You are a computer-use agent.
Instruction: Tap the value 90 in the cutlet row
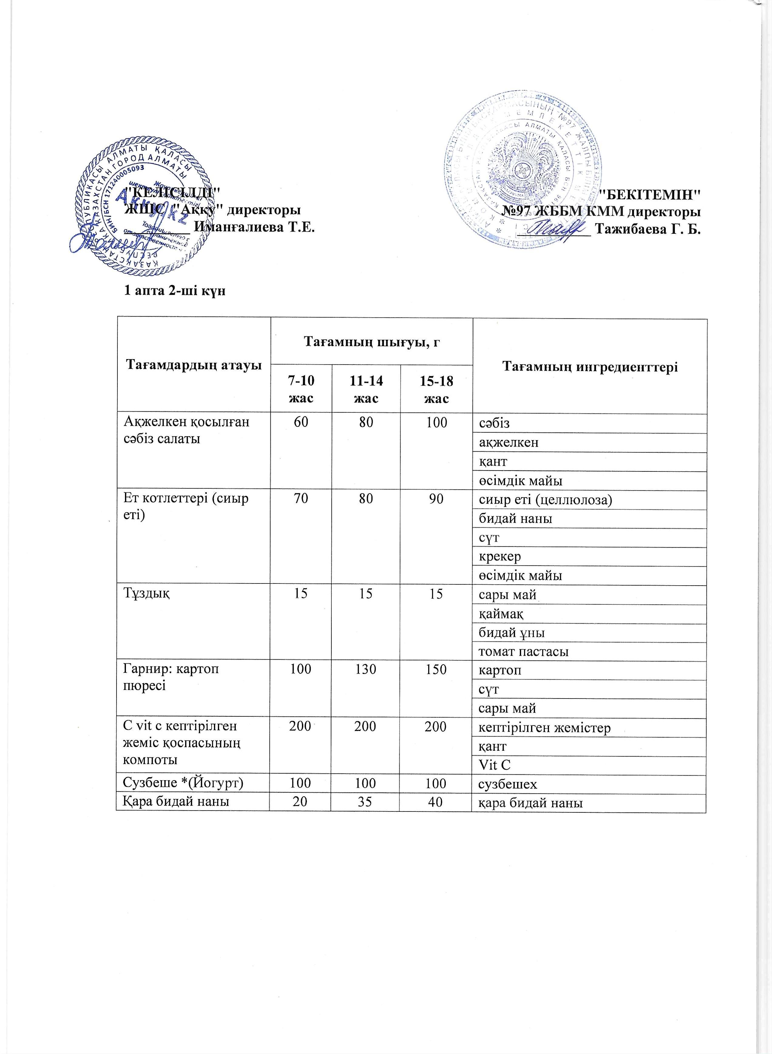436,499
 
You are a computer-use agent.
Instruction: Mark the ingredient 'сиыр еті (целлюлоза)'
545,500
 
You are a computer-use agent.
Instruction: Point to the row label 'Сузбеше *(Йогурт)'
183,784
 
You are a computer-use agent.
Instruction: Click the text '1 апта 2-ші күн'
174,291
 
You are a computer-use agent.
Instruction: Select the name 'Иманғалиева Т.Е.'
254,228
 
